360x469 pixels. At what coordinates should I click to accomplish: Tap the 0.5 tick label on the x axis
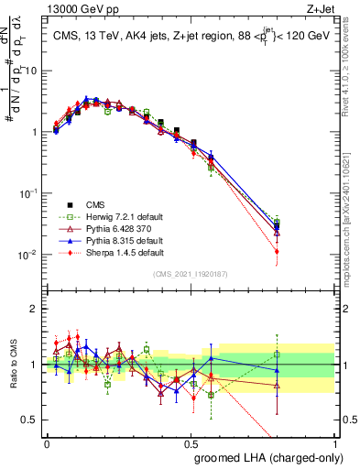[191, 442]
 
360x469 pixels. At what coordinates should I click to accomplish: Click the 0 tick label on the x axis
[47, 442]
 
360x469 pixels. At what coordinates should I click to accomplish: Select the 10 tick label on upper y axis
[33, 71]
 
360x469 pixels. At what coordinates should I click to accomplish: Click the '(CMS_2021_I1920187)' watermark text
[191, 274]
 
